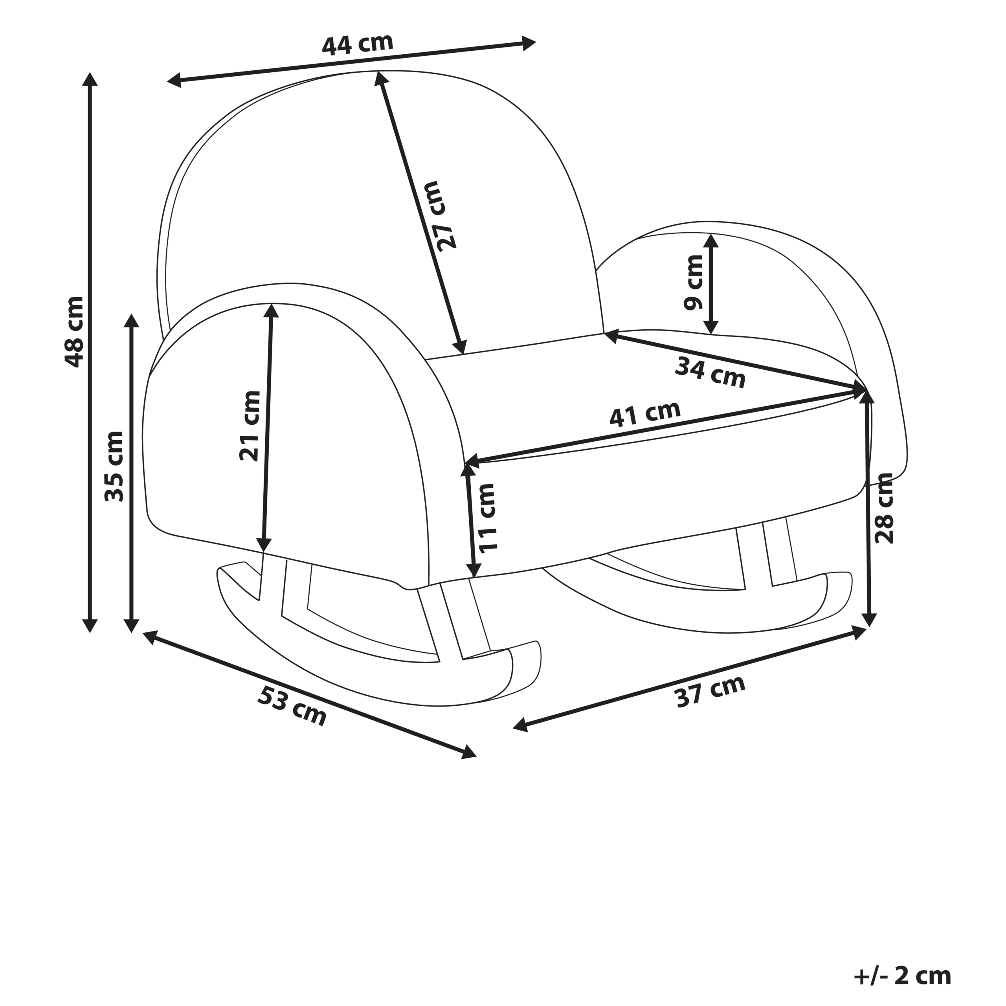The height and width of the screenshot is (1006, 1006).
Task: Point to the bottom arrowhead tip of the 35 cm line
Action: coord(132,632)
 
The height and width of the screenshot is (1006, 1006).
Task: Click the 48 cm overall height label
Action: coord(73,332)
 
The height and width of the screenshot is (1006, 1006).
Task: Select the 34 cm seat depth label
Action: coord(710,373)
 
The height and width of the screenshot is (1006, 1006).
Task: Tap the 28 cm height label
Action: coord(884,508)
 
